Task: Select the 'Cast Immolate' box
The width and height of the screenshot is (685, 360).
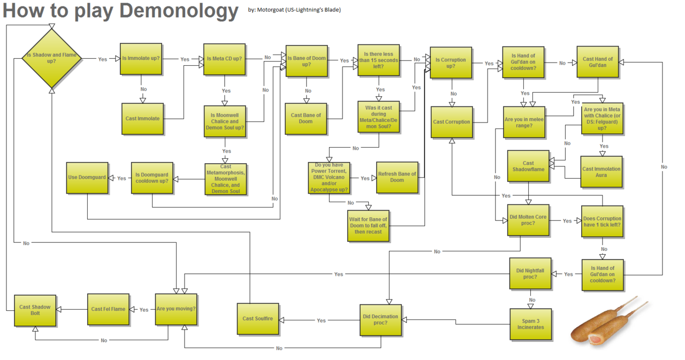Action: tap(142, 118)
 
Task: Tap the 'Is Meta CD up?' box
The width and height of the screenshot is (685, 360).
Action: tap(224, 59)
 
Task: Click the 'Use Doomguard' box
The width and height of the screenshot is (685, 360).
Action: tap(87, 178)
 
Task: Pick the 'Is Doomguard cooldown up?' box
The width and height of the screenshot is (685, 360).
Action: tap(152, 178)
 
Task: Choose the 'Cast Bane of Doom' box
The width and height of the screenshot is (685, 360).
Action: tap(306, 118)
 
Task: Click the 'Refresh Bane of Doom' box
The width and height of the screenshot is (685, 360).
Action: tap(397, 177)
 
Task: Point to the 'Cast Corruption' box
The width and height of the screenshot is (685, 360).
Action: tap(451, 122)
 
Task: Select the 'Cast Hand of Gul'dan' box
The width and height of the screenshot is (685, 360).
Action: tap(597, 62)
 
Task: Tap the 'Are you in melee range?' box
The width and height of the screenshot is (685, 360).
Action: tap(524, 122)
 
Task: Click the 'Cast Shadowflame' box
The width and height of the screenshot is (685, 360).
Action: tap(528, 166)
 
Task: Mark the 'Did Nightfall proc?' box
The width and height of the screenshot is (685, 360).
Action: tap(530, 274)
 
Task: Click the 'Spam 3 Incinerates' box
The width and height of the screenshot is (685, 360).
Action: tap(530, 324)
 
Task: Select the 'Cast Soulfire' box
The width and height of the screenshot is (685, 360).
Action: tap(257, 319)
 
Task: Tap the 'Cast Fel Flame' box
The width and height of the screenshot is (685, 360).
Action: tap(108, 309)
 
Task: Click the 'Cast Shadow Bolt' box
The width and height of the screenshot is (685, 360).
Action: tap(35, 310)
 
